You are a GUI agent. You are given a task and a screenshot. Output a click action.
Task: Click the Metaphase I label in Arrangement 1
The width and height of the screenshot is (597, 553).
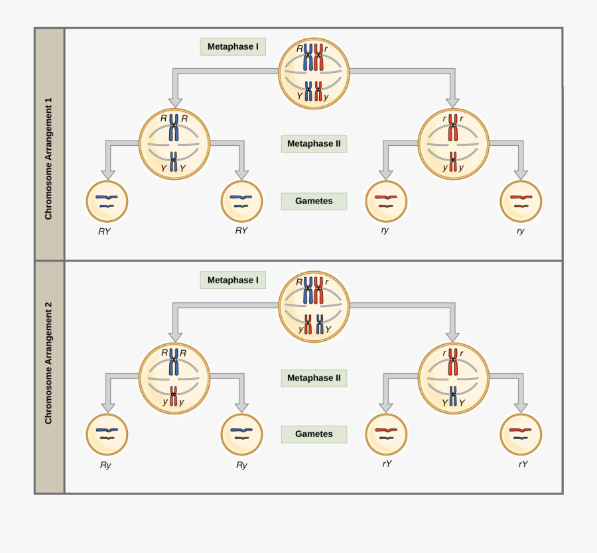233,46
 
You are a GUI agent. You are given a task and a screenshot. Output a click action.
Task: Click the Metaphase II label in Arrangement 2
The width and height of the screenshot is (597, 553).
314,378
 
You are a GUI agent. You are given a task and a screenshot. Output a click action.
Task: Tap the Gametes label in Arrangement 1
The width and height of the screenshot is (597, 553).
314,201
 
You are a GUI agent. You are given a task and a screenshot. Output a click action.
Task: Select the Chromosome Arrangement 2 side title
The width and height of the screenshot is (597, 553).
48,363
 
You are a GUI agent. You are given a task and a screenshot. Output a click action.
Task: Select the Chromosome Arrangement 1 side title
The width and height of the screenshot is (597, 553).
48,159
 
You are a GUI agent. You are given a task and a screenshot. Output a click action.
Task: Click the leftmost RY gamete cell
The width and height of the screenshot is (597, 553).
107,202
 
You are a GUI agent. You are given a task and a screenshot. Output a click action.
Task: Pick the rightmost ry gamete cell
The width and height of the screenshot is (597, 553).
521,202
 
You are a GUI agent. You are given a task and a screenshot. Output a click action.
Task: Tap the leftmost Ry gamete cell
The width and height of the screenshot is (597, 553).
107,434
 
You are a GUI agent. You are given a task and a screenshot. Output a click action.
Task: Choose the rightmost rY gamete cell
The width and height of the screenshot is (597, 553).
521,434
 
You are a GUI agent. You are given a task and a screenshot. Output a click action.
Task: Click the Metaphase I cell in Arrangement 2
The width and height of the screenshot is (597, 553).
314,306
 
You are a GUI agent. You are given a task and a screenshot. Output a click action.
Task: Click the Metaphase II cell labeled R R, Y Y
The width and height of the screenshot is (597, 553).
174,144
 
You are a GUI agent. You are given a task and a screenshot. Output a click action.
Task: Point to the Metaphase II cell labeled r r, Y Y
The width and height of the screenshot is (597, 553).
453,378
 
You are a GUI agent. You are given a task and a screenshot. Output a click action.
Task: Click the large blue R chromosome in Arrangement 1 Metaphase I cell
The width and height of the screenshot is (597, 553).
308,58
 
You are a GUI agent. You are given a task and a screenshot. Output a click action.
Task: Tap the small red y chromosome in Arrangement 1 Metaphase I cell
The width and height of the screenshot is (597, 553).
318,91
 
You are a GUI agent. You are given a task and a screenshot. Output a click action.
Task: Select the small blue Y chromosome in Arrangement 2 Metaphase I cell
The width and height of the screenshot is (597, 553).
320,324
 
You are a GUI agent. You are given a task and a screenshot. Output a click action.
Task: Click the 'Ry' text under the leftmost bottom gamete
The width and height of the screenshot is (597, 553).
105,465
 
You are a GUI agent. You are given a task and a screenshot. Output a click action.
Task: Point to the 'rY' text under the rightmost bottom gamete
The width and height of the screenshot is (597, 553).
523,464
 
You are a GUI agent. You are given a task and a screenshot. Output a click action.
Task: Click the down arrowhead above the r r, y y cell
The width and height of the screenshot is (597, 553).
452,102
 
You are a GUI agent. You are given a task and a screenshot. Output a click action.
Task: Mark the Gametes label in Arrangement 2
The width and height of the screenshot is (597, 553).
314,434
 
